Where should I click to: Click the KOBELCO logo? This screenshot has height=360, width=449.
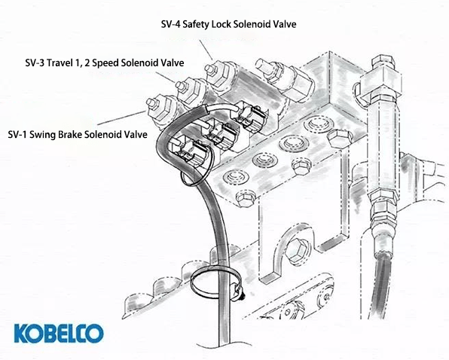pos(59,332)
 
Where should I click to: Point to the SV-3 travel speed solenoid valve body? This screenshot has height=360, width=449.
pos(192,88)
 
